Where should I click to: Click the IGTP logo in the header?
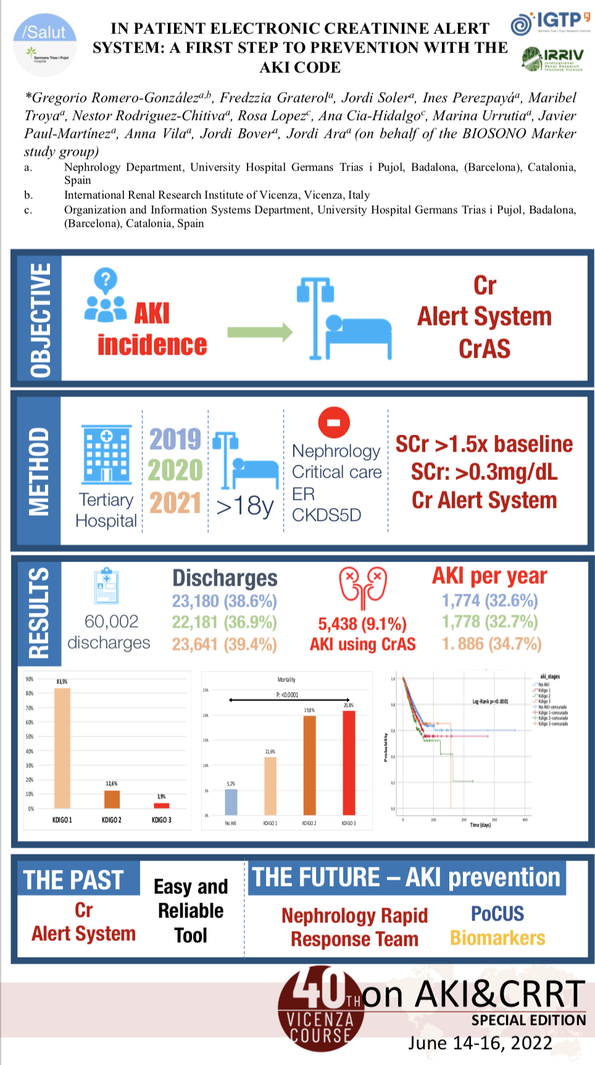550,22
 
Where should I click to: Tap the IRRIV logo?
552,59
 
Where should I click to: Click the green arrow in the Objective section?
259,332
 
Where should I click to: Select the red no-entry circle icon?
333,423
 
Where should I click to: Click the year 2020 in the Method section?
175,471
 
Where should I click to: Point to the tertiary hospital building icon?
106,454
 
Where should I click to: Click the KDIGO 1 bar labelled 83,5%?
62,747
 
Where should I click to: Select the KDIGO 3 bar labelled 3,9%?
161,805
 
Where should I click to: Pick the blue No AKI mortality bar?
231,802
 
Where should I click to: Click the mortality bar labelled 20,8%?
349,762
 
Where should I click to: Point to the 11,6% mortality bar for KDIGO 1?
270,785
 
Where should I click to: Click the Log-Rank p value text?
490,702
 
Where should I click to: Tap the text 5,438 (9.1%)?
362,624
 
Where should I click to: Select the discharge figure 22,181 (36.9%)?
224,622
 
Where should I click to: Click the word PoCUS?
497,914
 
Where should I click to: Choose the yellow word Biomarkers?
497,938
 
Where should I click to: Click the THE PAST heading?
73,880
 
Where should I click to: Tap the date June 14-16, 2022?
480,1043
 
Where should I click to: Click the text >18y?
245,507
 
